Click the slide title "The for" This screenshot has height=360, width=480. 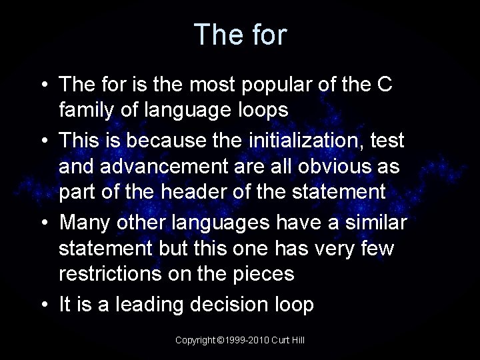(240, 35)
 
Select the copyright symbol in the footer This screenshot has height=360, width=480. (221, 340)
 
